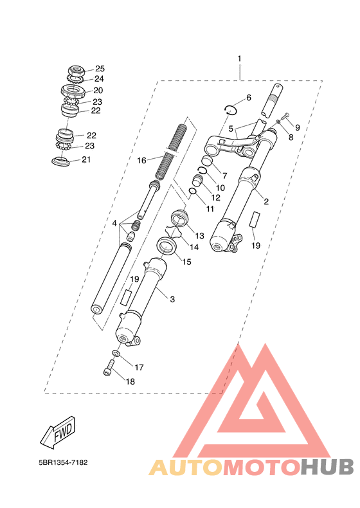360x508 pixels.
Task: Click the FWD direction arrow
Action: click(x=59, y=433)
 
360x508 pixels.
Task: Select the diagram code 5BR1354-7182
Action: click(x=63, y=462)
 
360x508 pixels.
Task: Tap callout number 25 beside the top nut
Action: click(x=100, y=69)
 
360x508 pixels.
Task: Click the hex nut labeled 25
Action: click(x=76, y=71)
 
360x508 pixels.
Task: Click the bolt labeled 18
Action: click(x=109, y=368)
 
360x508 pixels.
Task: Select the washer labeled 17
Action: click(x=116, y=353)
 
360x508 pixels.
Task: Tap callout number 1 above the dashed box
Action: click(x=239, y=59)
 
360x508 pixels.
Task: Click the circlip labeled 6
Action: click(x=231, y=110)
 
